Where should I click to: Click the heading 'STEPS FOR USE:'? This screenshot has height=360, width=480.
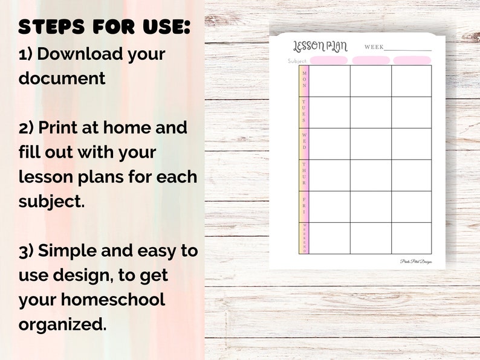coord(105,27)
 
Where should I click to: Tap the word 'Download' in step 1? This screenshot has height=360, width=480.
coord(79,53)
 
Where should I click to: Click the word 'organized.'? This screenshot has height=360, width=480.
coord(62,324)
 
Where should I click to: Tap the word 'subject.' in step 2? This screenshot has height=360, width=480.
coord(52,201)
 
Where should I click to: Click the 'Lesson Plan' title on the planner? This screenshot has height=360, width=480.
coord(320,46)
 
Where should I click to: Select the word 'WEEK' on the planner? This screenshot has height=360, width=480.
coord(374,47)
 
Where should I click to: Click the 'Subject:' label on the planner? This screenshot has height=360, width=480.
coord(297,61)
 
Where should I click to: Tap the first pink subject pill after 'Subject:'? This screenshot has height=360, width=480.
coord(329,60)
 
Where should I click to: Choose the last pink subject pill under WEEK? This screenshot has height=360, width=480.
coord(412,60)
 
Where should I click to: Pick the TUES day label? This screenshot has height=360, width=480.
coord(304,111)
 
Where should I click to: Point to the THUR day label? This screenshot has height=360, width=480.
coord(304,173)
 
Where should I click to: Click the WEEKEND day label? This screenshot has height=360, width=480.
coord(304,238)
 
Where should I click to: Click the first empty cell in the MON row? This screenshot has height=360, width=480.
coord(329,81)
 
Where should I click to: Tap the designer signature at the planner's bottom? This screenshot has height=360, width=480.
coord(416,262)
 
